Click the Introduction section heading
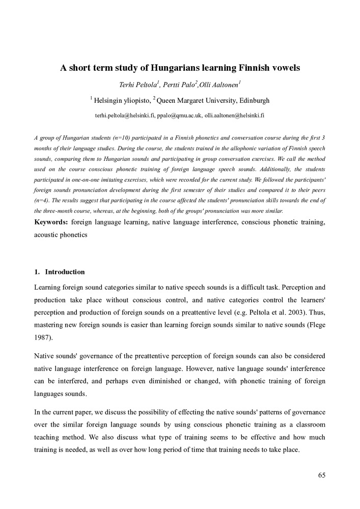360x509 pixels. point(65,272)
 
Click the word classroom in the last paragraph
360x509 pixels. point(309,424)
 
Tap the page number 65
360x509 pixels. point(322,475)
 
